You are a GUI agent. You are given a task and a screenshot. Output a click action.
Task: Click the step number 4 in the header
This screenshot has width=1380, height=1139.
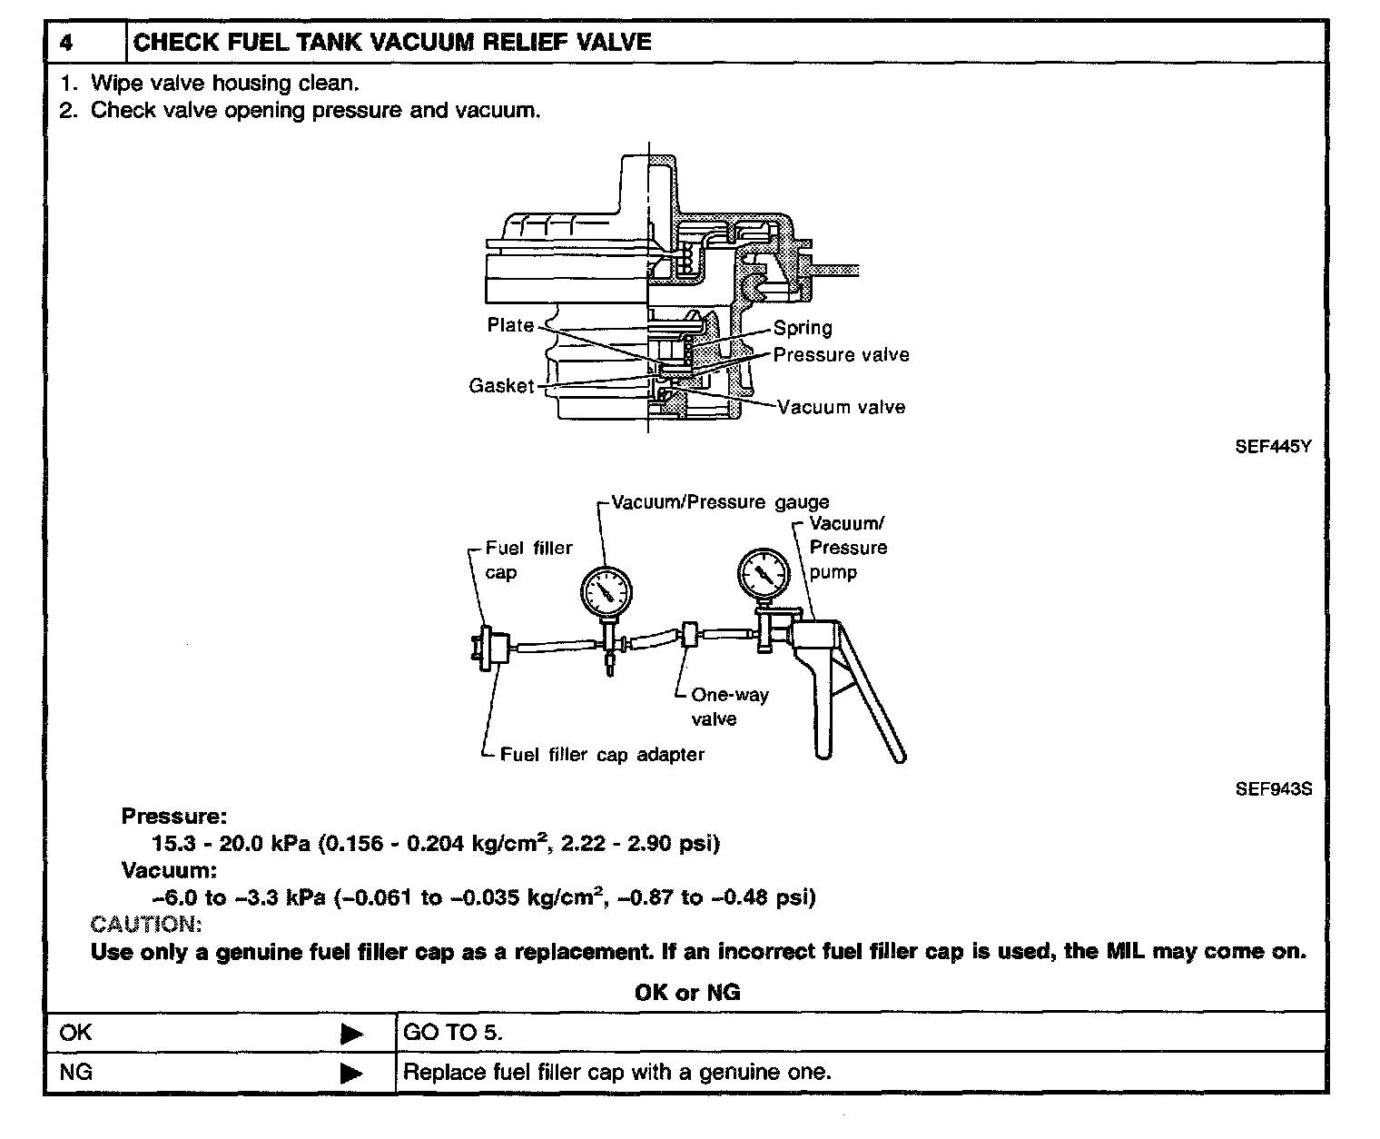click(66, 43)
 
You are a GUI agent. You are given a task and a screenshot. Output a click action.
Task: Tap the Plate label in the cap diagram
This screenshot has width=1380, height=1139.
click(510, 325)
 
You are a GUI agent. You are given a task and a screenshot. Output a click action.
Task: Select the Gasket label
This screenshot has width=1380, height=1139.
click(501, 386)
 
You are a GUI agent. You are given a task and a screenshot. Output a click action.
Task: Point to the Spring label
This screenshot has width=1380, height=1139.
click(803, 328)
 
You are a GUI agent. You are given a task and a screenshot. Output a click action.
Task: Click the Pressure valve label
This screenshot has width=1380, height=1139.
click(841, 355)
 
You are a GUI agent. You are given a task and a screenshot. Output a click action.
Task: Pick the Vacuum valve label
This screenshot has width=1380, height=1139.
click(842, 407)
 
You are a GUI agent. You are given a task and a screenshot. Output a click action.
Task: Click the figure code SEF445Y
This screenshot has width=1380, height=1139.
click(1273, 447)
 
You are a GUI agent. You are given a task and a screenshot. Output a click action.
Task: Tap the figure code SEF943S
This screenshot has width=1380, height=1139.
click(1273, 789)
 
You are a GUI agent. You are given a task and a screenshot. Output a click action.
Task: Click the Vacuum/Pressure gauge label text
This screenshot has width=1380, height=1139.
click(720, 502)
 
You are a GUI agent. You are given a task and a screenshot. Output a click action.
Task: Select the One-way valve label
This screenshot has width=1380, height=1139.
click(729, 707)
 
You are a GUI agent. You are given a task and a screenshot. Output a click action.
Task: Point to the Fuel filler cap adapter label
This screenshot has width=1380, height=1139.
click(602, 755)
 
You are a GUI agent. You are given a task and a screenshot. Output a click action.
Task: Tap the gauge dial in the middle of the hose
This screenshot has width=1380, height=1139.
click(606, 593)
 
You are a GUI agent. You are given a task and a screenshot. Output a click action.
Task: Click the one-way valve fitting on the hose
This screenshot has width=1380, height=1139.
click(690, 634)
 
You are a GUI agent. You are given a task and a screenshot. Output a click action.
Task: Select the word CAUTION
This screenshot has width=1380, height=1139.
click(145, 925)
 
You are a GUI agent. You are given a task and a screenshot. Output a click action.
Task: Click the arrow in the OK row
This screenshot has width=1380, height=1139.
click(351, 1034)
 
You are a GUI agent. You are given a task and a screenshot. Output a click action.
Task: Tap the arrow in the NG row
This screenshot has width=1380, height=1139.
click(351, 1073)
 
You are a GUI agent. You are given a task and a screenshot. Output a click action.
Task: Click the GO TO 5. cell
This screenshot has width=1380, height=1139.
click(452, 1033)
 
